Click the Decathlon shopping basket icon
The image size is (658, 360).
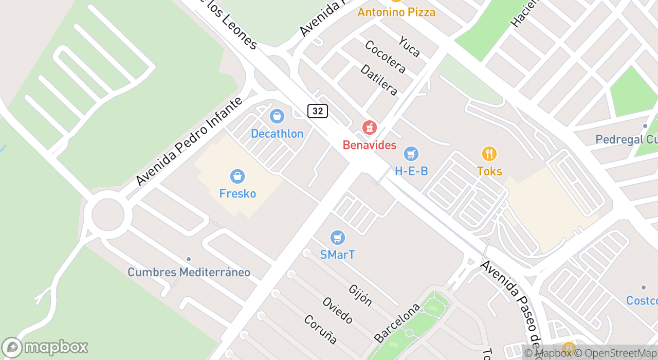click(277, 117)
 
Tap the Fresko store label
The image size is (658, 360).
click(237, 193)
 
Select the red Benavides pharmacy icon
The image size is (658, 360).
click(369, 128)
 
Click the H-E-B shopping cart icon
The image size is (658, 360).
click(411, 154)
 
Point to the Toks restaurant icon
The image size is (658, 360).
click(489, 154)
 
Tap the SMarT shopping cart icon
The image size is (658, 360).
click(337, 238)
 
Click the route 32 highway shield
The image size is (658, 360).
click(318, 111)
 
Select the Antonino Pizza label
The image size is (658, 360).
click(396, 12)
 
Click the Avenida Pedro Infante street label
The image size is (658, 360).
click(189, 141)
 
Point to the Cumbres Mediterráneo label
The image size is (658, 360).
click(189, 272)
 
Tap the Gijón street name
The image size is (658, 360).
click(360, 295)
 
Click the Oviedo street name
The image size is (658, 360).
click(338, 310)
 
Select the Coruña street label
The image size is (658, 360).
click(320, 330)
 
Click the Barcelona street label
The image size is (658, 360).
click(397, 323)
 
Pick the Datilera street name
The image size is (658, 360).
click(379, 80)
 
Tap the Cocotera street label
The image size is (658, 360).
click(385, 57)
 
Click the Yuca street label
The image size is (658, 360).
click(409, 46)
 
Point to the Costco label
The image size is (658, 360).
click(642, 300)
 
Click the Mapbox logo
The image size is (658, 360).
click(45, 348)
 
